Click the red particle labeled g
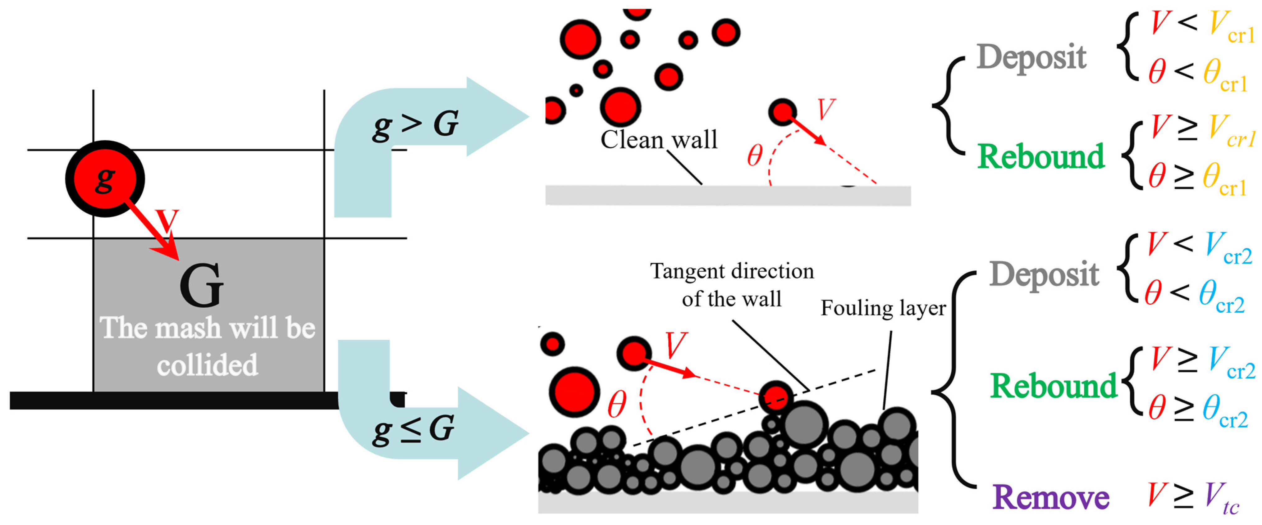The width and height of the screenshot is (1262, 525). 105,179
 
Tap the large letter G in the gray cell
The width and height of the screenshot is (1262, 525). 201,286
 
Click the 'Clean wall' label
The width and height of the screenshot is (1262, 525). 658,140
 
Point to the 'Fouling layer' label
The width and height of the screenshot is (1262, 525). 883,308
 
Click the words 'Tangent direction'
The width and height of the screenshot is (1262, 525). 731,271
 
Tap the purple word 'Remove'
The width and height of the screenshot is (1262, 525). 1050,498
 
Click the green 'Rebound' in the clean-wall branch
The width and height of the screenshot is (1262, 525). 1040,157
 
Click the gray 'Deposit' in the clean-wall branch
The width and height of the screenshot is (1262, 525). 1031,57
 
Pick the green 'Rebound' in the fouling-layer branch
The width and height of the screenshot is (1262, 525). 1053,386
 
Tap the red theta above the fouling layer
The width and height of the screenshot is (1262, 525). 617,405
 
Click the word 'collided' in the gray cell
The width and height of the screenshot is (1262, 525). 207,365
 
